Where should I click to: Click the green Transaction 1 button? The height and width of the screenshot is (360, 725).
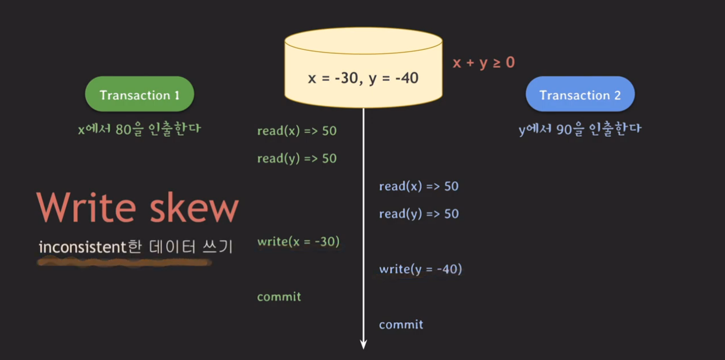point(139,94)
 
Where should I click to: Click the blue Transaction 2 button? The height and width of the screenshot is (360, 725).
point(580,95)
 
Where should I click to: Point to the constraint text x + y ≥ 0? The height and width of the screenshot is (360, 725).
point(483,62)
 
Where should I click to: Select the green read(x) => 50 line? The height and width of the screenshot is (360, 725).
point(297,131)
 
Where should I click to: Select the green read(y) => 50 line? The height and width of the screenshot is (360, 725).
point(297,159)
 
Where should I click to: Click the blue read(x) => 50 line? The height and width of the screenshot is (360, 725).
point(419,187)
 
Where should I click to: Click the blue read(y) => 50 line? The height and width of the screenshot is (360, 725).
point(419,214)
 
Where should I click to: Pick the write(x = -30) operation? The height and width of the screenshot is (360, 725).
point(298,242)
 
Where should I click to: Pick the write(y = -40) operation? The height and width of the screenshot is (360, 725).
point(420,269)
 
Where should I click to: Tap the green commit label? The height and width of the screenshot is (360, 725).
point(279,296)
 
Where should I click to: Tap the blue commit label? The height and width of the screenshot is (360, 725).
point(401,325)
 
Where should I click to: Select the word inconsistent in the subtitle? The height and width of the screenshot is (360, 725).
point(81,247)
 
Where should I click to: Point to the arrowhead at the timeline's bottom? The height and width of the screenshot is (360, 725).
point(363,344)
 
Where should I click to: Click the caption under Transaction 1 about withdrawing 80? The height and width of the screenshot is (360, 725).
point(139,129)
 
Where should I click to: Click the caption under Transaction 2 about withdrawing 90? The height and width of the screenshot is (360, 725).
point(580,129)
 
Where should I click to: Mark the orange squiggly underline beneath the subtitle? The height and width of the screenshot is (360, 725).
point(124,263)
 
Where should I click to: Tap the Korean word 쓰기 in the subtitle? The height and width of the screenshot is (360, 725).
point(219,247)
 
